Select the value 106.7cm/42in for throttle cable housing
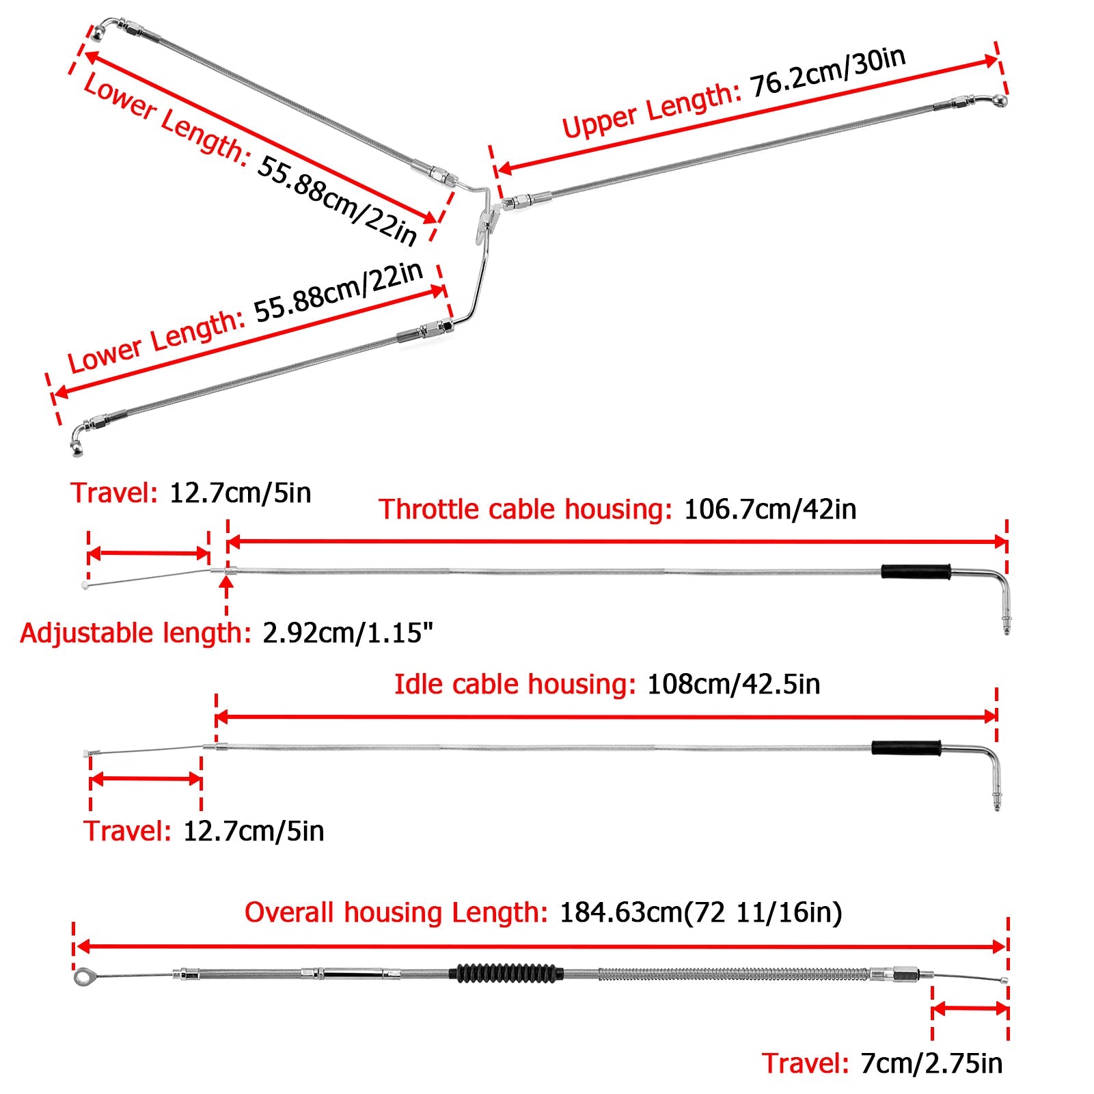[x=770, y=510]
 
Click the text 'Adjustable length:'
[x=136, y=633]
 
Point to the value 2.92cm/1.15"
[x=348, y=633]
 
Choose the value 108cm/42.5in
[x=733, y=685]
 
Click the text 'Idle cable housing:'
[x=515, y=685]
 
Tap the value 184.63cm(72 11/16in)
[x=700, y=913]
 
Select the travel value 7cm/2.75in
[x=931, y=1064]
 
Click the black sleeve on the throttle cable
[x=916, y=572]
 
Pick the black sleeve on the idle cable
[x=906, y=748]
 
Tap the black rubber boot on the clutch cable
[x=506, y=973]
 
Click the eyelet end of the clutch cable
[x=83, y=977]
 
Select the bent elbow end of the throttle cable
[x=1002, y=594]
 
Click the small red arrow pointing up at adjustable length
[x=227, y=589]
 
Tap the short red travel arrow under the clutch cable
[x=970, y=1009]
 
